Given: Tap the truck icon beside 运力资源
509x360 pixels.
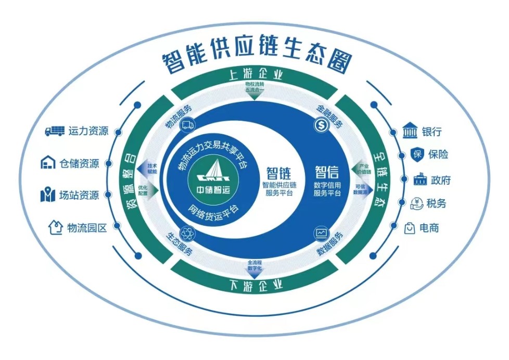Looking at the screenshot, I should click(x=55, y=131).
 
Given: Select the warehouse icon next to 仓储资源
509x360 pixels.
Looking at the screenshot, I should click(x=48, y=163).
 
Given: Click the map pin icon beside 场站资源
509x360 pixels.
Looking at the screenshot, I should click(x=48, y=196).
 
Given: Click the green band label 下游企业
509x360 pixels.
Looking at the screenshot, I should click(x=255, y=285).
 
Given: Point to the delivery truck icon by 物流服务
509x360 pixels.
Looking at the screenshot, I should click(x=188, y=124).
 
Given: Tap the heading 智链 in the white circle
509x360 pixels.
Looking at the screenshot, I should click(x=278, y=173).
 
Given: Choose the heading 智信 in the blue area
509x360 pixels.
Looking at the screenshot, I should click(x=327, y=172).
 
